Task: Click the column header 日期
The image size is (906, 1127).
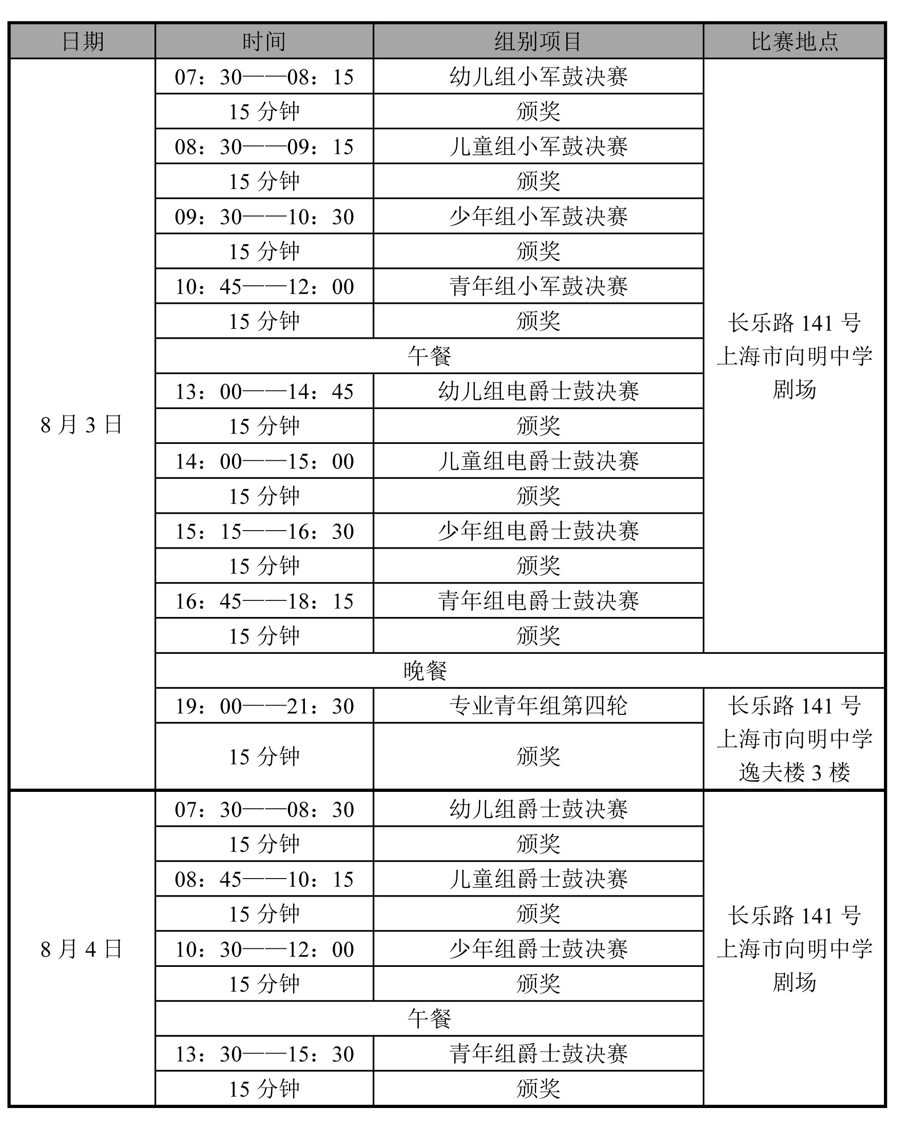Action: (83, 41)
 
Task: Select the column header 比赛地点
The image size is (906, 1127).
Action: (794, 41)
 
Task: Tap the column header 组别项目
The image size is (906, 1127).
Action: (538, 41)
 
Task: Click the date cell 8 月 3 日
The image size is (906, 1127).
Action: (82, 424)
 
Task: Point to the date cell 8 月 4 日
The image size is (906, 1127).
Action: (82, 949)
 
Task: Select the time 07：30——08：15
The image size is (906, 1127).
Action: (264, 77)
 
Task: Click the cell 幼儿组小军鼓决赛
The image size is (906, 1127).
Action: (538, 77)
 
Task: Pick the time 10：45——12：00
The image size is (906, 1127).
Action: (264, 286)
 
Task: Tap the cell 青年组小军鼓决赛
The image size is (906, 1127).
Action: (538, 286)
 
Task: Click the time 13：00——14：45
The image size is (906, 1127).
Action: (264, 392)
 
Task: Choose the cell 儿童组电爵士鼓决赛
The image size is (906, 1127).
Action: (538, 461)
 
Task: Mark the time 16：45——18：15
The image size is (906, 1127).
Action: (264, 601)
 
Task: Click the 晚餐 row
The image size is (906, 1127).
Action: (425, 671)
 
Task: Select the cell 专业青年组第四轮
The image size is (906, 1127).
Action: (538, 706)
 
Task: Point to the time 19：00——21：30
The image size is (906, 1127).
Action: (264, 706)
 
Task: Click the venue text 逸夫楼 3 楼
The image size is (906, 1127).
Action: (794, 772)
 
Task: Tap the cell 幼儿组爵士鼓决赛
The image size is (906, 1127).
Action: (538, 810)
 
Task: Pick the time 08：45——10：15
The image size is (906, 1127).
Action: (264, 879)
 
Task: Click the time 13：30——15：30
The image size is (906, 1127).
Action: (264, 1054)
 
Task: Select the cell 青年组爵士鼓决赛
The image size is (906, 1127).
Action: (538, 1054)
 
